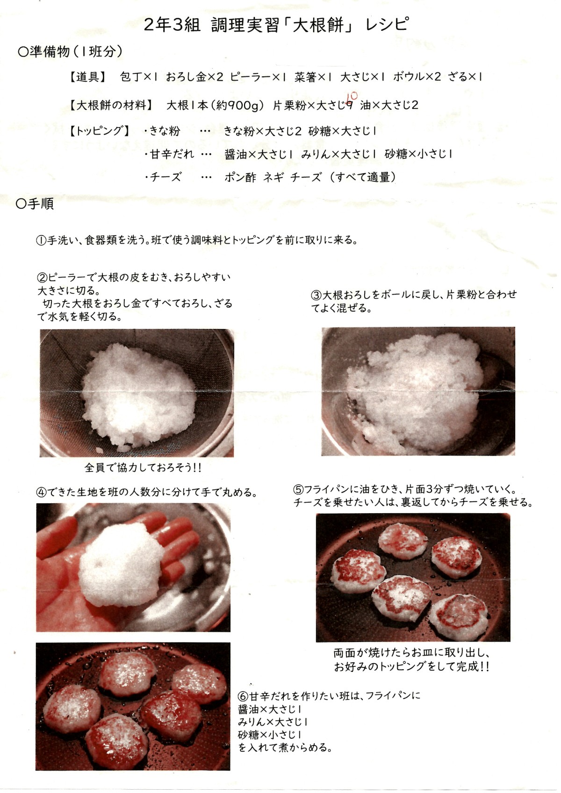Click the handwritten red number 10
coord(352,96)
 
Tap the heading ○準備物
coord(43,52)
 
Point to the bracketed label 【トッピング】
coord(99,131)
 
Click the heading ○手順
coord(35,204)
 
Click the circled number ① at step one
coord(41,240)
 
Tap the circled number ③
coord(316,295)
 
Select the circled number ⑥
coord(243,696)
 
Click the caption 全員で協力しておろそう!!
coord(143,468)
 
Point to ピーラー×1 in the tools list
coord(258,77)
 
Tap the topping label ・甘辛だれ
coord(169,154)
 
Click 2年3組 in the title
coord(173,25)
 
